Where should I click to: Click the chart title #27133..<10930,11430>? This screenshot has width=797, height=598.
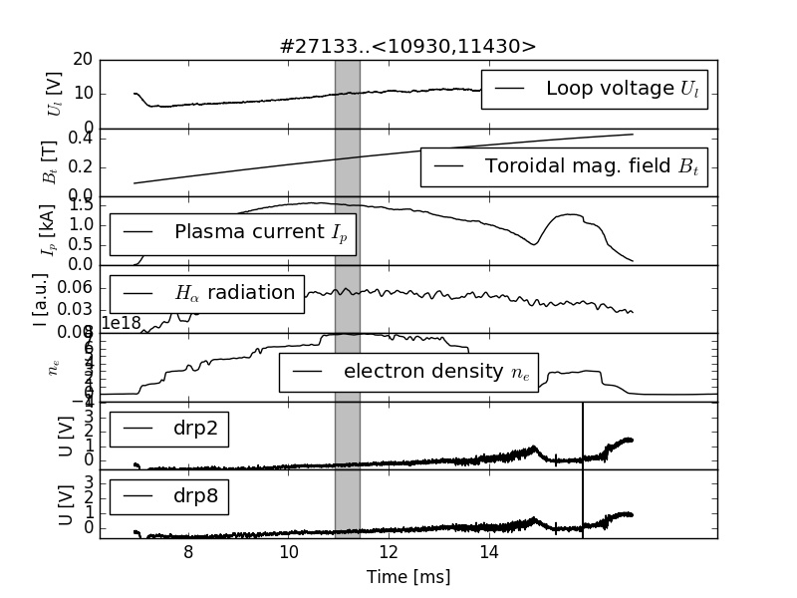408,46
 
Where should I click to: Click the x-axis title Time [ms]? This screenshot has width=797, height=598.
408,577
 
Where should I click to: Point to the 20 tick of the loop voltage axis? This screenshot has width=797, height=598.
83,60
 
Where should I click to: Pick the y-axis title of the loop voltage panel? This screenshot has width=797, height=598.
55,95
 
